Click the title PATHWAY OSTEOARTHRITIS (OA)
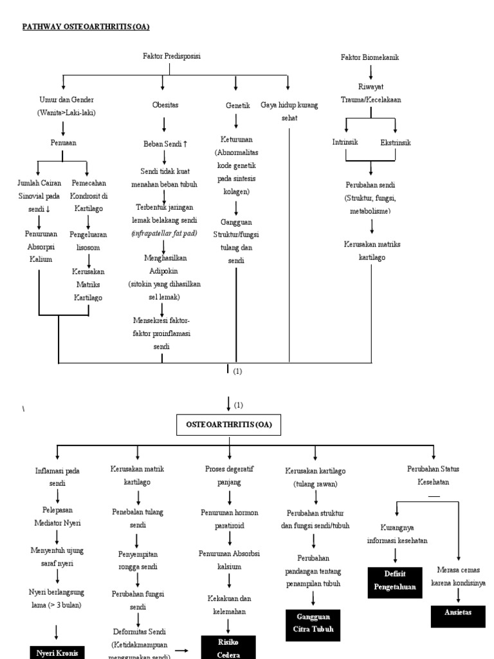(86, 26)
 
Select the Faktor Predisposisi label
(172, 57)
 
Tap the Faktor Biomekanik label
(370, 57)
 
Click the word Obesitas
(165, 104)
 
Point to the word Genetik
(237, 104)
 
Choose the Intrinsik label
(344, 142)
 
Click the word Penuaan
(63, 143)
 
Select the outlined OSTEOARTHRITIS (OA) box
(229, 425)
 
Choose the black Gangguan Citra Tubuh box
(313, 624)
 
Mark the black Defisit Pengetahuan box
(396, 581)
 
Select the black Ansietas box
(458, 613)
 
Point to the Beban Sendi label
(165, 144)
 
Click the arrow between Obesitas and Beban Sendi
(164, 124)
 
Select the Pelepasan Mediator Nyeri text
(58, 516)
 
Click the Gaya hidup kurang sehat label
(289, 111)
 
